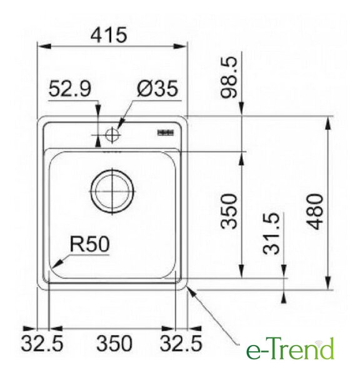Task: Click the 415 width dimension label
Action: [x=109, y=35]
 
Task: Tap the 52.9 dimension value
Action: [x=69, y=89]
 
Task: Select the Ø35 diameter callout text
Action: [x=157, y=89]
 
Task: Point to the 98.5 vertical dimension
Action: [x=228, y=77]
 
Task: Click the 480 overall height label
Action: [x=316, y=211]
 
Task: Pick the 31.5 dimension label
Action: [x=271, y=234]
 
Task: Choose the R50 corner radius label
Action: [x=90, y=244]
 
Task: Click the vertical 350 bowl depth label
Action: [x=228, y=211]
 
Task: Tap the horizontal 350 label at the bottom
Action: [x=114, y=343]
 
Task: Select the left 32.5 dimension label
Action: [x=42, y=343]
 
